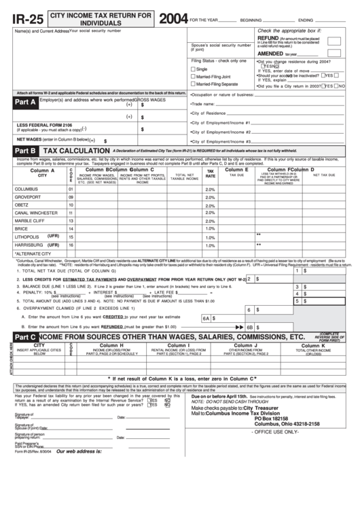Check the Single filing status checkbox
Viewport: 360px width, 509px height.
194,69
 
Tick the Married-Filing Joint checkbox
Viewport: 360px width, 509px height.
194,77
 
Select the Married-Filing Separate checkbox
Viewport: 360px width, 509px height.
194,84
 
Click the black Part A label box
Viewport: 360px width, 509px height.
26,103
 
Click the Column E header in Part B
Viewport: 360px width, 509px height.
236,169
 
